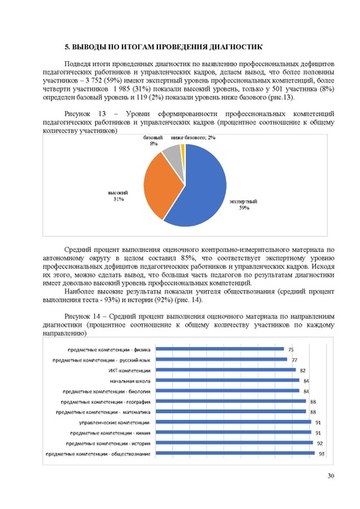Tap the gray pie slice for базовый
[x=172, y=156]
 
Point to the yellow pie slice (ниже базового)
[x=182, y=150]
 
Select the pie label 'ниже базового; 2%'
[x=192, y=137]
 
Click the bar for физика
[x=218, y=350]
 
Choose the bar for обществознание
[x=234, y=455]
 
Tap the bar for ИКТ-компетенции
[x=225, y=371]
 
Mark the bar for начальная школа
[x=227, y=381]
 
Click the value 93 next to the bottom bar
[x=322, y=455]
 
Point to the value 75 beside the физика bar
[x=290, y=350]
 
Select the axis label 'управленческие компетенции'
[x=114, y=422]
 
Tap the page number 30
[x=330, y=485]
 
